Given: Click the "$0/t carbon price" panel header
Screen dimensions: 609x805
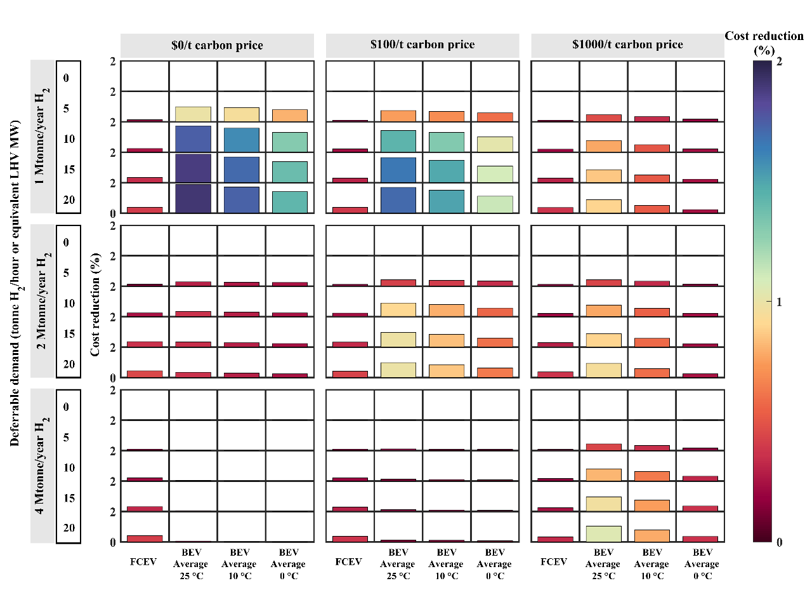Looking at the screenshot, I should click(x=217, y=46).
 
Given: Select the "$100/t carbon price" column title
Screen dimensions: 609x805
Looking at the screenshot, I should click(x=422, y=45).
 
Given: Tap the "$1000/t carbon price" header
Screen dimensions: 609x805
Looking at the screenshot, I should click(x=627, y=45).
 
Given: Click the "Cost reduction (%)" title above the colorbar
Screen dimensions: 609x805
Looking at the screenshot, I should click(x=764, y=43).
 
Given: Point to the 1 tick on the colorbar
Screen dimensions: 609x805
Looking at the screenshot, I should click(x=779, y=302).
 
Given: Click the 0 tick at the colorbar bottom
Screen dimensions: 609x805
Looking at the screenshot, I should click(x=780, y=542).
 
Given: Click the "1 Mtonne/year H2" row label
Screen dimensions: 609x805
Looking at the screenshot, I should click(x=42, y=137).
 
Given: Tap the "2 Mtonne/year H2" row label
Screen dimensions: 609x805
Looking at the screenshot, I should click(x=42, y=301).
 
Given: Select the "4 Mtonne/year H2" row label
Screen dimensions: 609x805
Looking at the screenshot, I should click(x=42, y=465).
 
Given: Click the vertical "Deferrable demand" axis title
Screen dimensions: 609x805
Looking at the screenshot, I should click(x=15, y=283).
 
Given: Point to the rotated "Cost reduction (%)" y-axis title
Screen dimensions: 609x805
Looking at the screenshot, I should click(x=95, y=304).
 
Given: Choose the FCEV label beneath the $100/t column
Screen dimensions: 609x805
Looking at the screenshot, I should click(x=348, y=562).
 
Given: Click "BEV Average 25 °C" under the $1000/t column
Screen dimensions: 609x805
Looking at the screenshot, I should click(x=603, y=564).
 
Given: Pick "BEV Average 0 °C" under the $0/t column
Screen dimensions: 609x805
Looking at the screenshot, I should click(x=288, y=564).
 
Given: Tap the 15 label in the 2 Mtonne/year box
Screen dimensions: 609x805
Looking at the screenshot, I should click(x=69, y=334).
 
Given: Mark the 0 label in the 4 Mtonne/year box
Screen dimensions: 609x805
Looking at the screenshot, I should click(x=66, y=407).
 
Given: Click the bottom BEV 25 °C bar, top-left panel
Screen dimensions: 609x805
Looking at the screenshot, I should click(x=193, y=199).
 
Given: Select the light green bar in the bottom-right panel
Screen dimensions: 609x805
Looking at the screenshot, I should click(x=603, y=533).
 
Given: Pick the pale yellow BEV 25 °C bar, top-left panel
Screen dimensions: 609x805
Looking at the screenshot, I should click(x=193, y=114).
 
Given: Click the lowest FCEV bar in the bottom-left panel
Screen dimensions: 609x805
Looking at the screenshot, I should click(x=145, y=539).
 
